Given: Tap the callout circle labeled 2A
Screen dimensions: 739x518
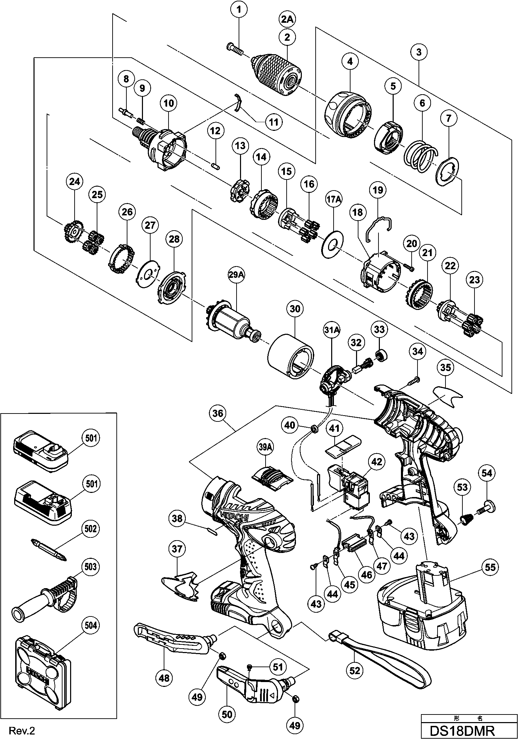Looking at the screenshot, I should (x=287, y=20).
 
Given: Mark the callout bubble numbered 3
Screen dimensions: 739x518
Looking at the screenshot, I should (x=419, y=52).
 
